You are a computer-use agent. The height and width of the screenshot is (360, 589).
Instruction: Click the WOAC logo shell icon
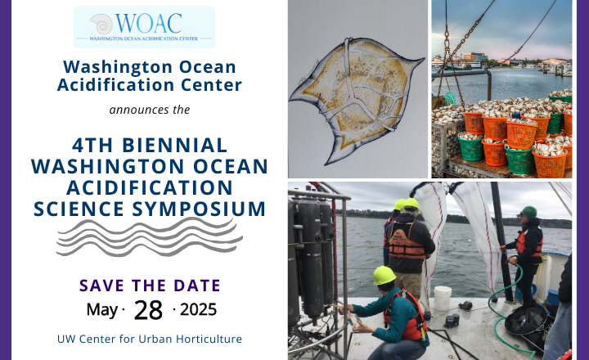[101, 24]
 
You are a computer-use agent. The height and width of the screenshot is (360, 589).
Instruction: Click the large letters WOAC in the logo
[149, 23]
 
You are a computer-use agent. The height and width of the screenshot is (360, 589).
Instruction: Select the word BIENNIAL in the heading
[175, 145]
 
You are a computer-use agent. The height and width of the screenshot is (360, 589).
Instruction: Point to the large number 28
[148, 310]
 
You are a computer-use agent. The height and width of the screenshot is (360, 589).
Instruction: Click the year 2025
[198, 309]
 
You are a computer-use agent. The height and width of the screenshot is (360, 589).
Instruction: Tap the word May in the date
[102, 310]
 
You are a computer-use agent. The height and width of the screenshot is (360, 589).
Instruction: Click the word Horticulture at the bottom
[209, 339]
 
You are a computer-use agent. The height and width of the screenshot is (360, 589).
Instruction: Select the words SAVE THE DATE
[150, 286]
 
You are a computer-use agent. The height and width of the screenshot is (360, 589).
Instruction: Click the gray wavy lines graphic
[149, 237]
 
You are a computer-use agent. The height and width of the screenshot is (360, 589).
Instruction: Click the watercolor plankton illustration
[356, 100]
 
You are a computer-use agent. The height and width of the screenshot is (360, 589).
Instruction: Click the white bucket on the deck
[443, 298]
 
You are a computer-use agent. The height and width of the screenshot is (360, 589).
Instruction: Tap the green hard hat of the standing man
[528, 212]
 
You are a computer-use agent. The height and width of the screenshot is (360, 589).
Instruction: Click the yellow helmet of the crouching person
[384, 276]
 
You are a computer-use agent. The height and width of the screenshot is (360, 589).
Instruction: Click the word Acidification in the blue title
[115, 85]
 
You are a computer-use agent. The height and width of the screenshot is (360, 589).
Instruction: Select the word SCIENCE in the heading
[79, 209]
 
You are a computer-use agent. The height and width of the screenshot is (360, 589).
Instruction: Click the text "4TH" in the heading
[92, 145]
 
